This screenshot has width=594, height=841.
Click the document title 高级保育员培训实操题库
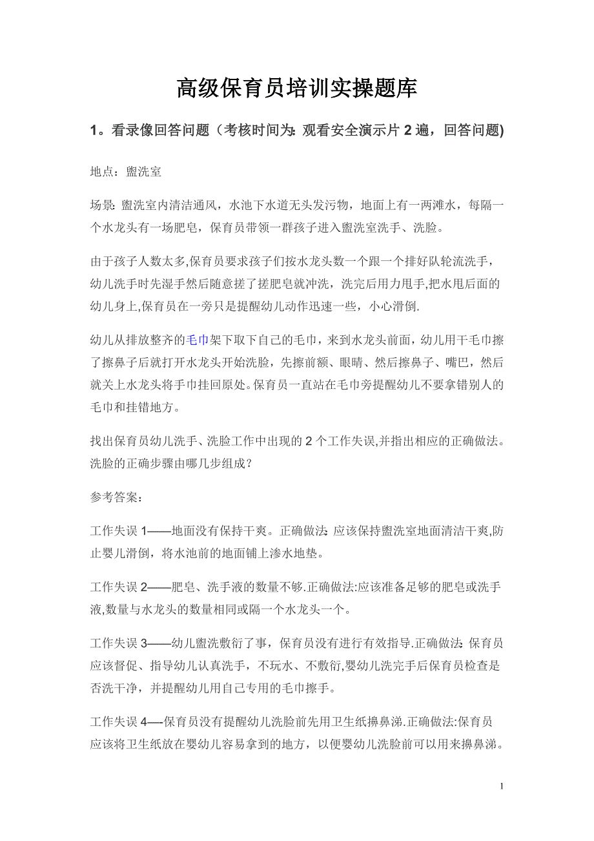[296, 89]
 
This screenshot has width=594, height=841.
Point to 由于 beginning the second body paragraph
[101, 262]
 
